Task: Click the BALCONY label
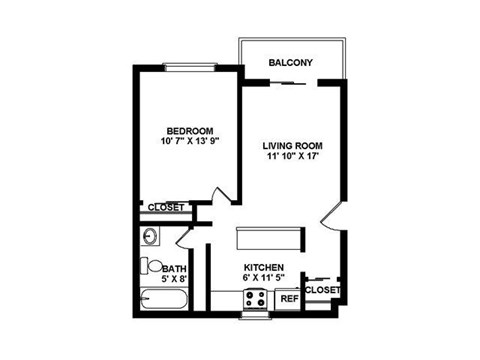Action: click(x=290, y=63)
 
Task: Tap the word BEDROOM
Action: click(x=189, y=131)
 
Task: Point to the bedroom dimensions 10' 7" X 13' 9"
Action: click(x=189, y=142)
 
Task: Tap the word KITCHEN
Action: click(x=262, y=266)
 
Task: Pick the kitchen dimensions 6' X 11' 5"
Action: click(x=262, y=277)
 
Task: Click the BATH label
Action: click(x=173, y=268)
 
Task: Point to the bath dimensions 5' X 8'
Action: click(x=173, y=279)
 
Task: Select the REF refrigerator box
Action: click(x=289, y=298)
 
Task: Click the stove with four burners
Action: click(x=255, y=298)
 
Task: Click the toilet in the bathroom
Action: click(x=149, y=267)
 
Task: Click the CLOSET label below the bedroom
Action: click(x=166, y=208)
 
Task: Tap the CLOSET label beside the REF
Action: click(x=322, y=290)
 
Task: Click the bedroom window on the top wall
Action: click(x=190, y=67)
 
